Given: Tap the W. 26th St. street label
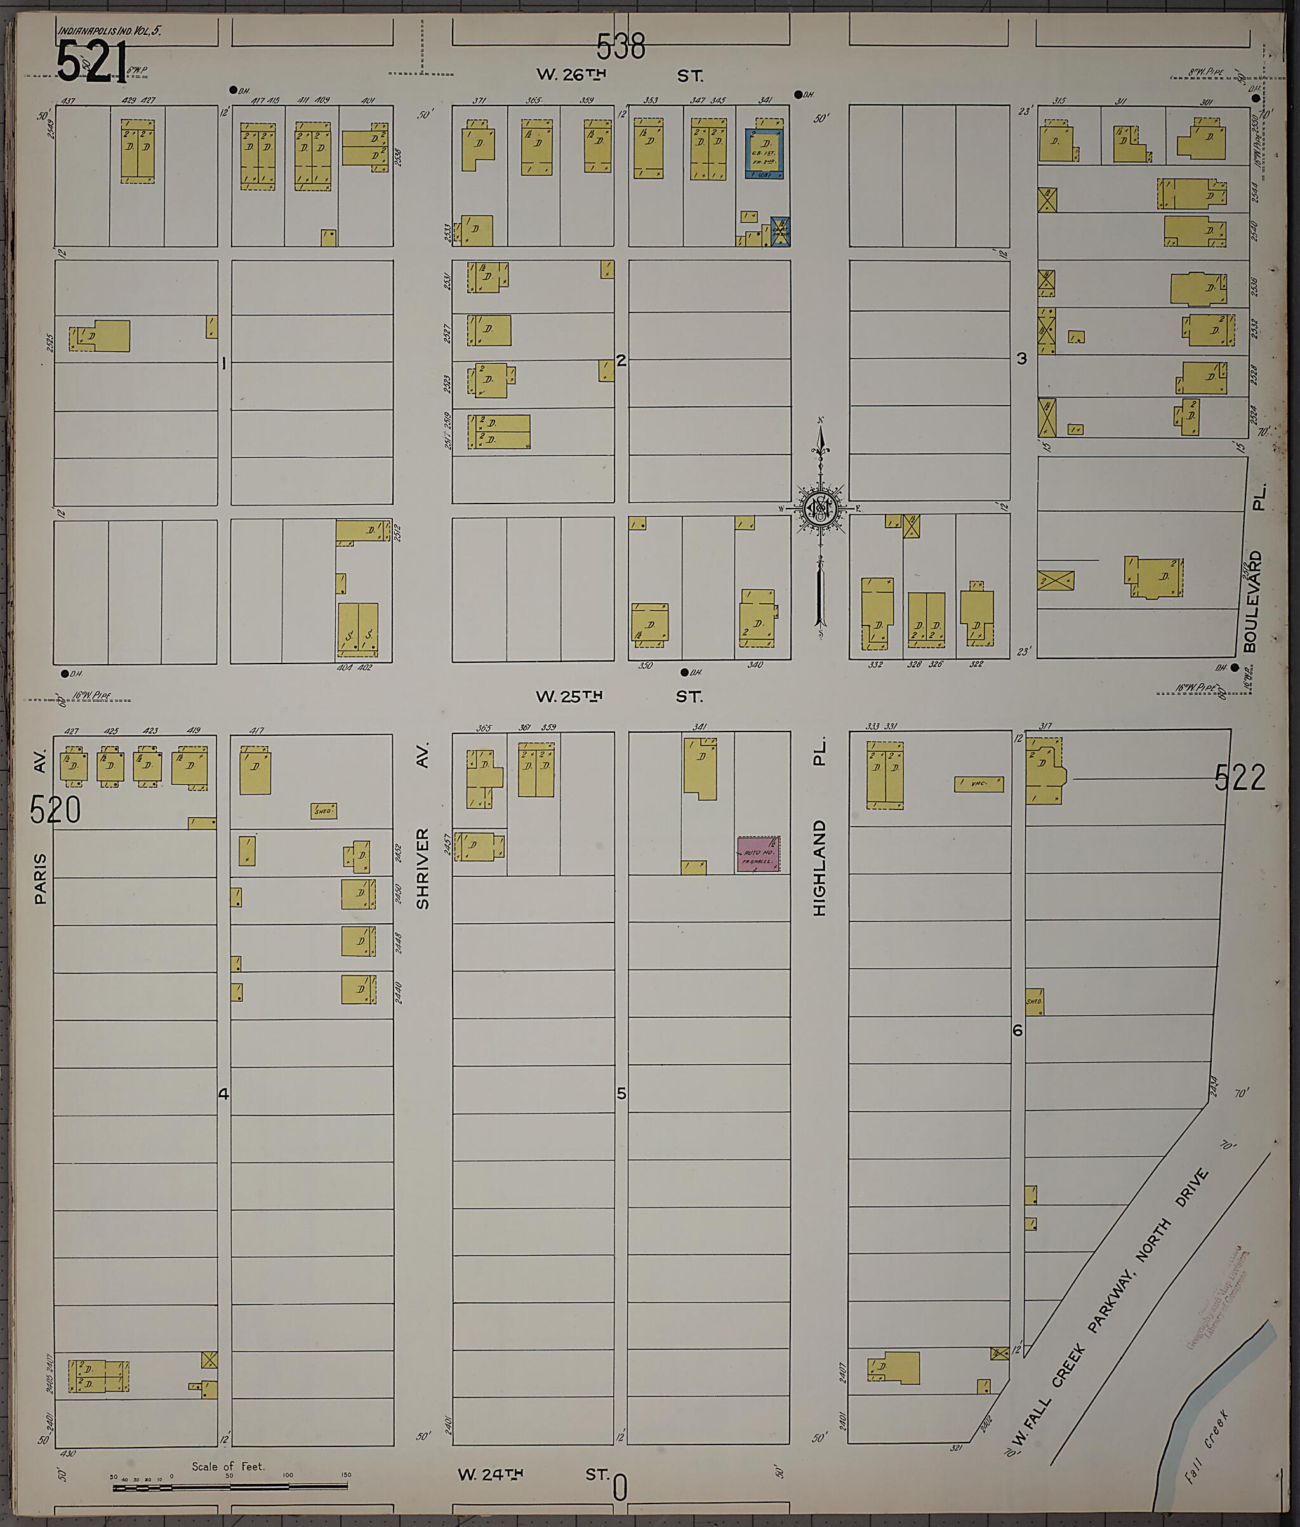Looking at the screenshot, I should point(619,75).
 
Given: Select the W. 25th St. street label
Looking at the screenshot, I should point(619,697).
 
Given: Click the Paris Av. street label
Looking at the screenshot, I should point(40,829).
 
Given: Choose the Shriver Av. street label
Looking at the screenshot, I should point(422,829).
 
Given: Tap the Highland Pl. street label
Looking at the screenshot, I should point(819,829).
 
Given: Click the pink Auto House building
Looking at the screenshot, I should point(759,854).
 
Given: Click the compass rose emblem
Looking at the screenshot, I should point(819,508).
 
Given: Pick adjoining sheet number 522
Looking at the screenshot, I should point(1240,778).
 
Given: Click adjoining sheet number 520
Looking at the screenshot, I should point(55,811).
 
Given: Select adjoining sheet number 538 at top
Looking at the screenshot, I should point(621,46).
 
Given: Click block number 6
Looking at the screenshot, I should point(1018,1030).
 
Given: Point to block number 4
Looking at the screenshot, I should point(223,1093).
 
